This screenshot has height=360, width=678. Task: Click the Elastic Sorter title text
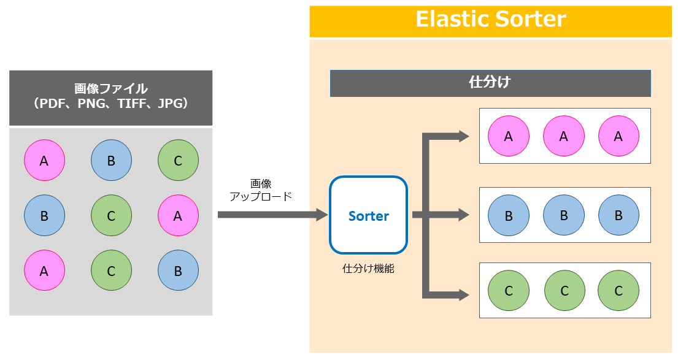[490, 19]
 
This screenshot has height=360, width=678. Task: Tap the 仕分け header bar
[490, 83]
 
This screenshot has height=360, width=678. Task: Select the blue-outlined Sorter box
[368, 215]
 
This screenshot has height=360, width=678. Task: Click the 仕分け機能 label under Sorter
[368, 268]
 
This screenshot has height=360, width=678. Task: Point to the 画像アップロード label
[261, 190]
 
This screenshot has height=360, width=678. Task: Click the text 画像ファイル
[110, 89]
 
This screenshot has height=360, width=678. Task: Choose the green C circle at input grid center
[111, 216]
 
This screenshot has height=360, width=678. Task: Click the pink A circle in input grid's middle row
[178, 216]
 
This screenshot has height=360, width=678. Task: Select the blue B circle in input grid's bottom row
[178, 270]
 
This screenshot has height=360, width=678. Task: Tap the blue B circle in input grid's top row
[111, 161]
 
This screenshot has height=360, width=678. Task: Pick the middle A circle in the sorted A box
[563, 136]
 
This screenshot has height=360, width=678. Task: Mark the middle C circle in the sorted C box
[563, 291]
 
